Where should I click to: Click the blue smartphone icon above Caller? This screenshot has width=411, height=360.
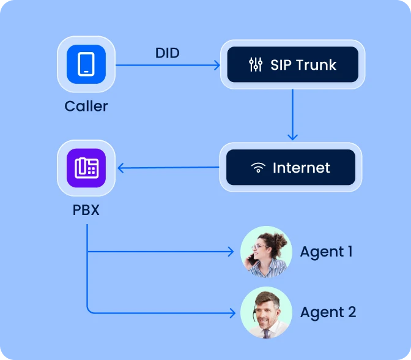[86, 64]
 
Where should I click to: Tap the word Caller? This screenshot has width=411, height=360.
[86, 106]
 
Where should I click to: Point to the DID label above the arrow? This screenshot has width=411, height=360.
[167, 53]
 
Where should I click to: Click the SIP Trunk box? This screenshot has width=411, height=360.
[292, 64]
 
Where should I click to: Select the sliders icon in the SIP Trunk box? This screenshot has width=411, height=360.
[256, 65]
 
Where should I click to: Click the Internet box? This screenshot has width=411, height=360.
[291, 167]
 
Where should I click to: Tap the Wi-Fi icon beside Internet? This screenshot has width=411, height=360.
[258, 168]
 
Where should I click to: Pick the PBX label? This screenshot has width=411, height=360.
[86, 210]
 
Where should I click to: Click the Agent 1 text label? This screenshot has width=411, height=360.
[326, 252]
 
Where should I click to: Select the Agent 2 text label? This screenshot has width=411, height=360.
[328, 312]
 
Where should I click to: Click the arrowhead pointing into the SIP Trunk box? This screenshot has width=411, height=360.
[217, 65]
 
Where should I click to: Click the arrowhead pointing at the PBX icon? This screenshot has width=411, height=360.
[120, 168]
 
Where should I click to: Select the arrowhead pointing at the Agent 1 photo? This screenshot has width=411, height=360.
[231, 252]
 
